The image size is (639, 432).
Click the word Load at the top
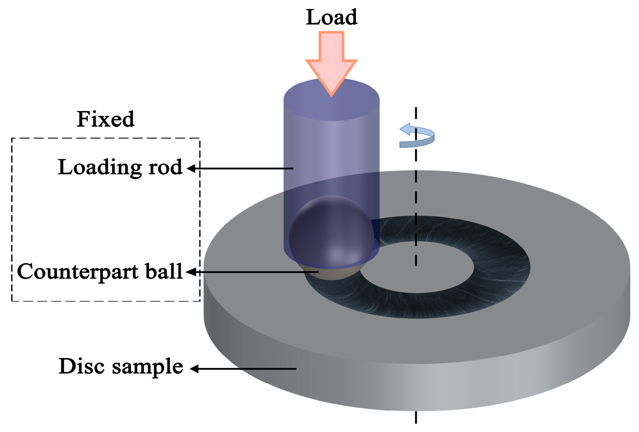[x=331, y=18]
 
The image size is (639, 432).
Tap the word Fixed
[x=105, y=120]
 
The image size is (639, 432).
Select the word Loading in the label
[x=100, y=168]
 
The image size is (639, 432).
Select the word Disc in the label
[x=82, y=366]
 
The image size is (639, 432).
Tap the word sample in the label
[x=148, y=367]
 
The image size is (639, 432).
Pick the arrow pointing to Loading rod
[x=240, y=169]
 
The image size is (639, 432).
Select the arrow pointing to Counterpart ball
[x=252, y=272]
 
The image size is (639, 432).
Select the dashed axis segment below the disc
[x=416, y=417]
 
